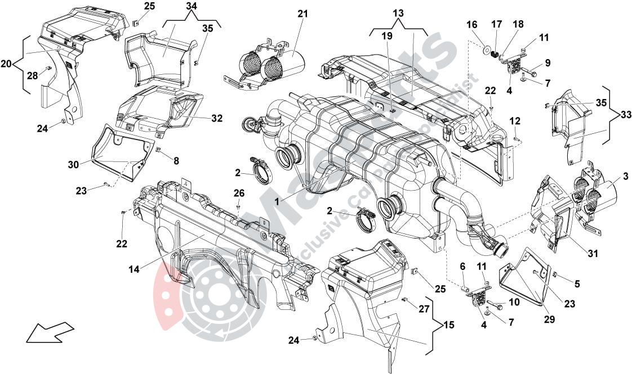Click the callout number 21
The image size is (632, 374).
pyautogui.click(x=303, y=13)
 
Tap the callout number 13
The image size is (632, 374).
pyautogui.click(x=398, y=13)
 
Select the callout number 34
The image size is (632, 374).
pyautogui.click(x=192, y=6)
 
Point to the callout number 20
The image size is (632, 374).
pyautogui.click(x=6, y=64)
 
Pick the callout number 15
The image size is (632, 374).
pyautogui.click(x=448, y=325)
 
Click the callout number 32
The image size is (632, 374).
pyautogui.click(x=217, y=119)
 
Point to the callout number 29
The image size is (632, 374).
pyautogui.click(x=549, y=319)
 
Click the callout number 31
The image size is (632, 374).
pyautogui.click(x=592, y=254)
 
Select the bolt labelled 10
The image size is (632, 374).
pyautogui.click(x=499, y=307)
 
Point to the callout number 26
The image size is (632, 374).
pyautogui.click(x=239, y=193)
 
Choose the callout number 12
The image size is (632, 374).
pyautogui.click(x=515, y=121)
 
